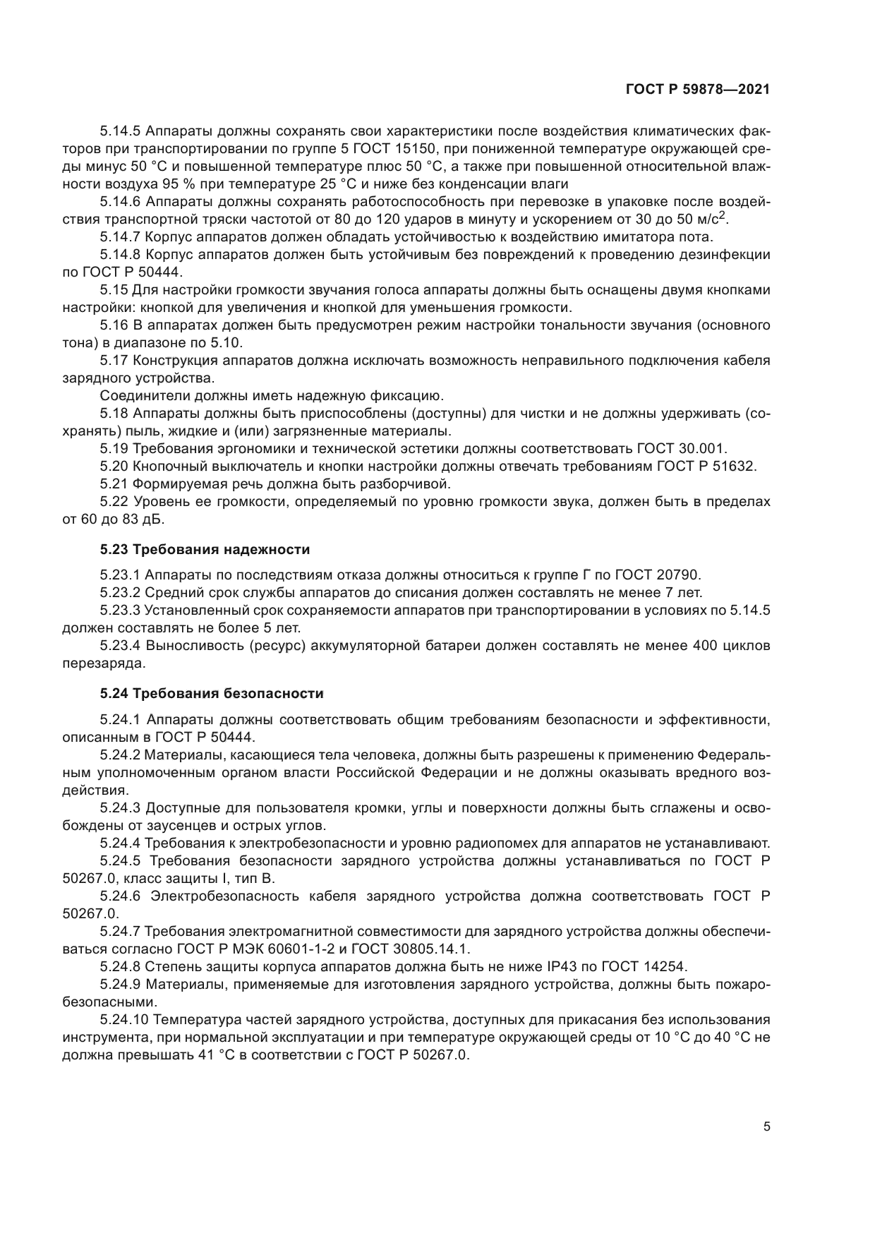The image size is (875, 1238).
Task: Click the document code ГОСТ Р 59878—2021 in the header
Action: pos(697,90)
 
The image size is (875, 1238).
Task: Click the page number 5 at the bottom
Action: pos(766,1127)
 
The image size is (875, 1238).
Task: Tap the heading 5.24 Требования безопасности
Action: pos(212,693)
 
